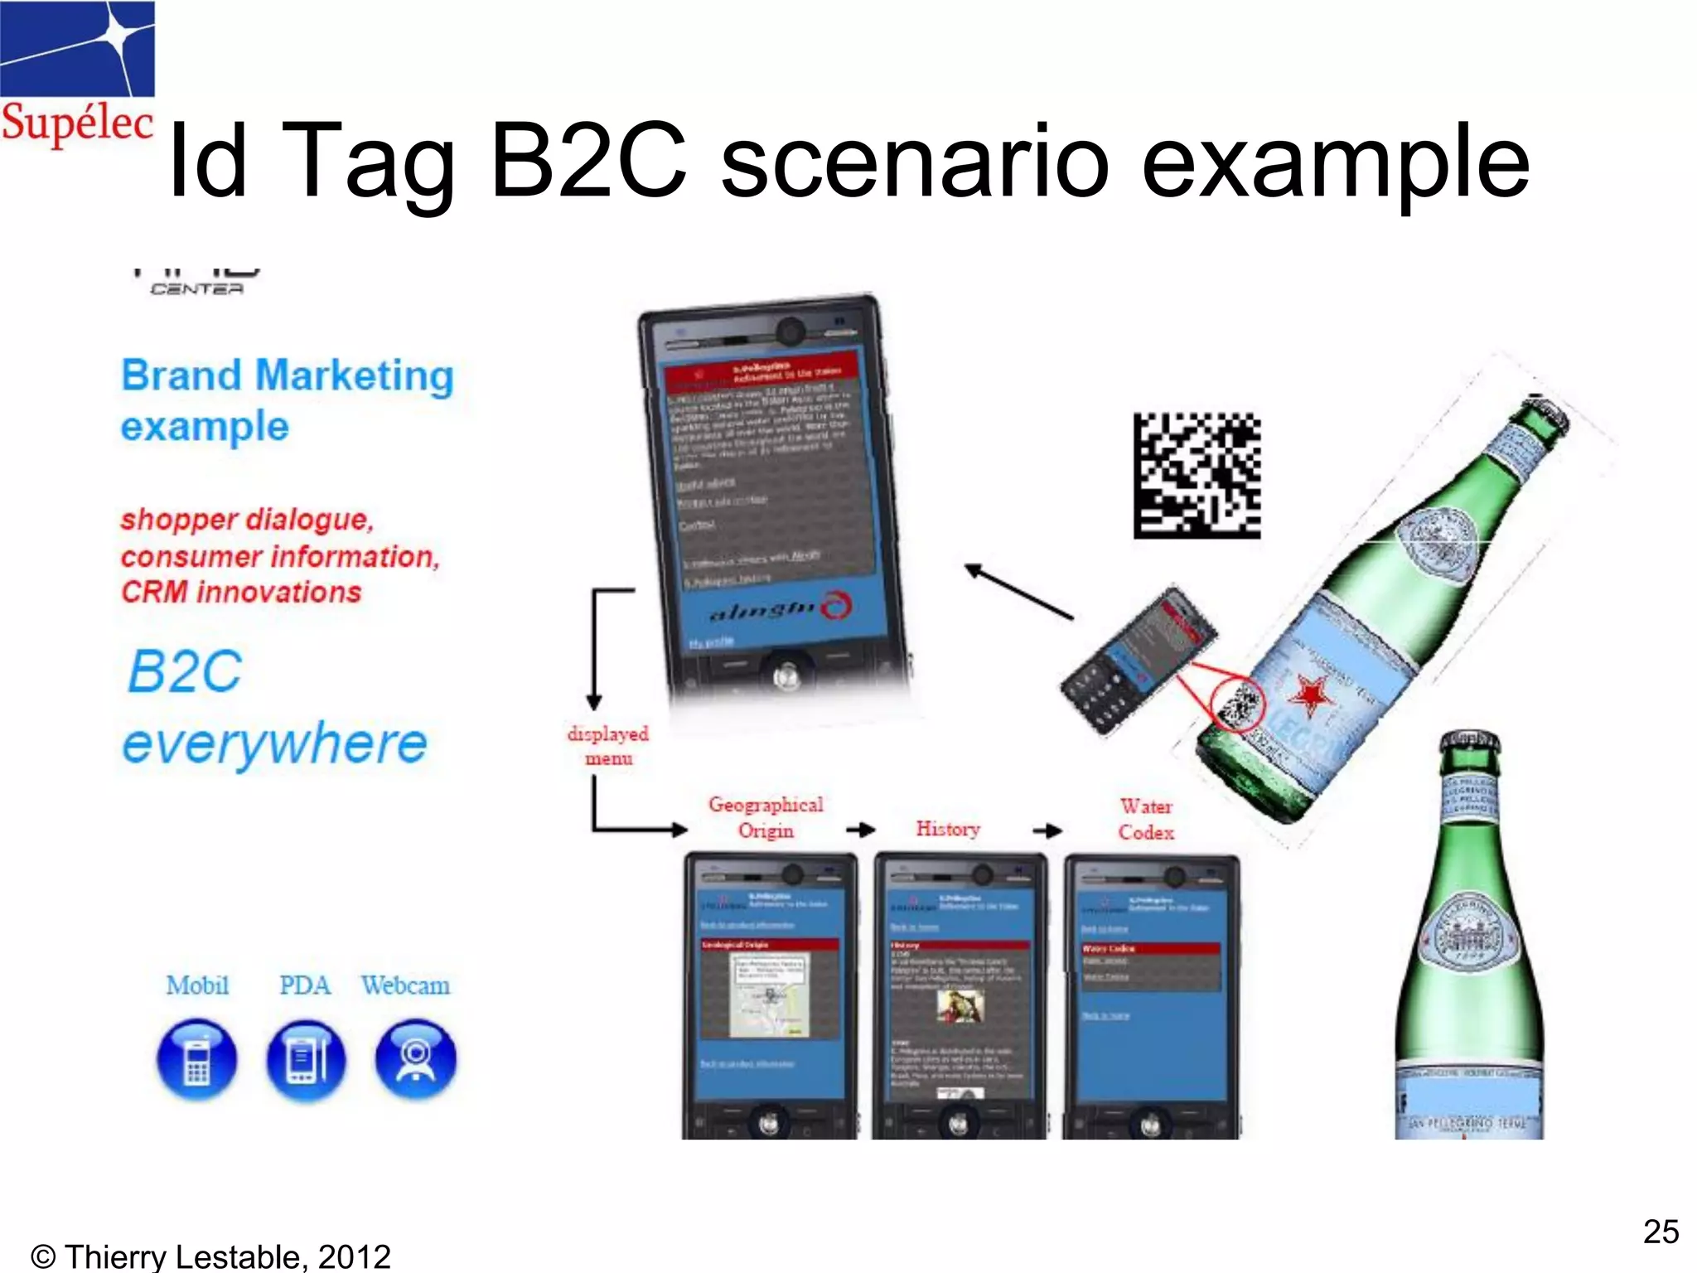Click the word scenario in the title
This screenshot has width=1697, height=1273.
tap(915, 161)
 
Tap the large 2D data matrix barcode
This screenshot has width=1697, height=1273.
tap(1197, 476)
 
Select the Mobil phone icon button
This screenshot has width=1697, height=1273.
tap(197, 1060)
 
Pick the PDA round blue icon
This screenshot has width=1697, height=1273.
tap(306, 1060)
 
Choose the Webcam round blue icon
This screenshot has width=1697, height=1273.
tap(415, 1060)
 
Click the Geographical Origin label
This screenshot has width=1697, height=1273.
tap(766, 817)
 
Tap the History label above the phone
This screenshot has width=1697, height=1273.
tap(948, 828)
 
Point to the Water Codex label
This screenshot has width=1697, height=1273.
tap(1146, 819)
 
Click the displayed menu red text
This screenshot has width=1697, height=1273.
tap(608, 746)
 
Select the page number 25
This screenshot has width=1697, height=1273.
tap(1661, 1232)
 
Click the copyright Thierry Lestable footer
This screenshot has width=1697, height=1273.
tap(210, 1256)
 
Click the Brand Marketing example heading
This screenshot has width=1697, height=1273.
tap(287, 400)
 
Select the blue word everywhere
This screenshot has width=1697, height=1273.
tap(274, 743)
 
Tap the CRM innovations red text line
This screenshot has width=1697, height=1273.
tap(241, 592)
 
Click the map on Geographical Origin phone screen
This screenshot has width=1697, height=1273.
tap(770, 995)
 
